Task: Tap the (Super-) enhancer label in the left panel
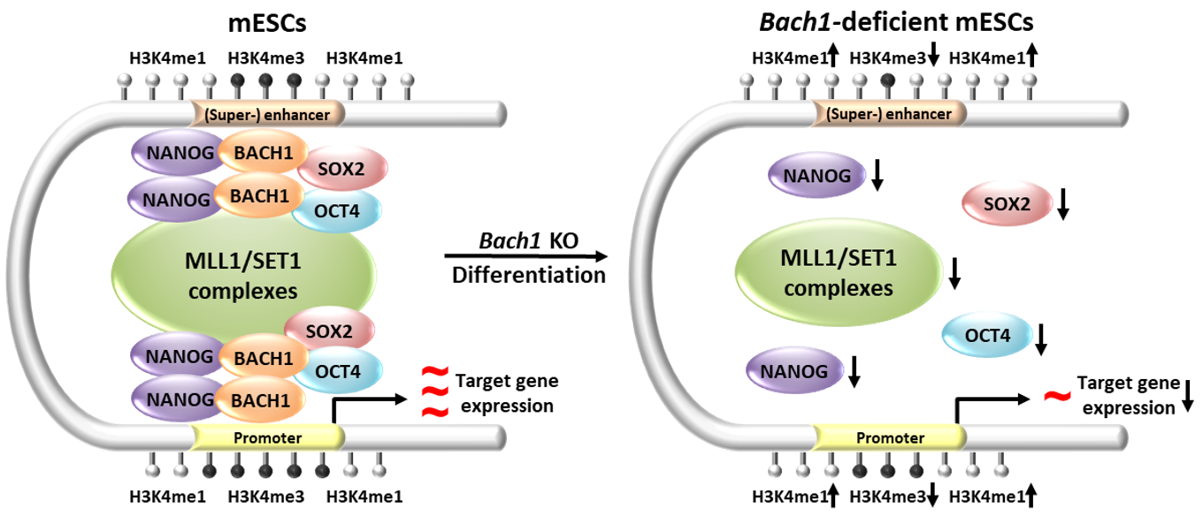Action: (268, 114)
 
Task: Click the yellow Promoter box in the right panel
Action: (888, 437)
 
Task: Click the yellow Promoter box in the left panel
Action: (268, 437)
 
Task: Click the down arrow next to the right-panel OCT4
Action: (1041, 338)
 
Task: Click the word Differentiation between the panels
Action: (529, 276)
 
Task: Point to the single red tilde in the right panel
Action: (1054, 397)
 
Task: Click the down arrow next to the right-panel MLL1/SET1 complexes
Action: (954, 274)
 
